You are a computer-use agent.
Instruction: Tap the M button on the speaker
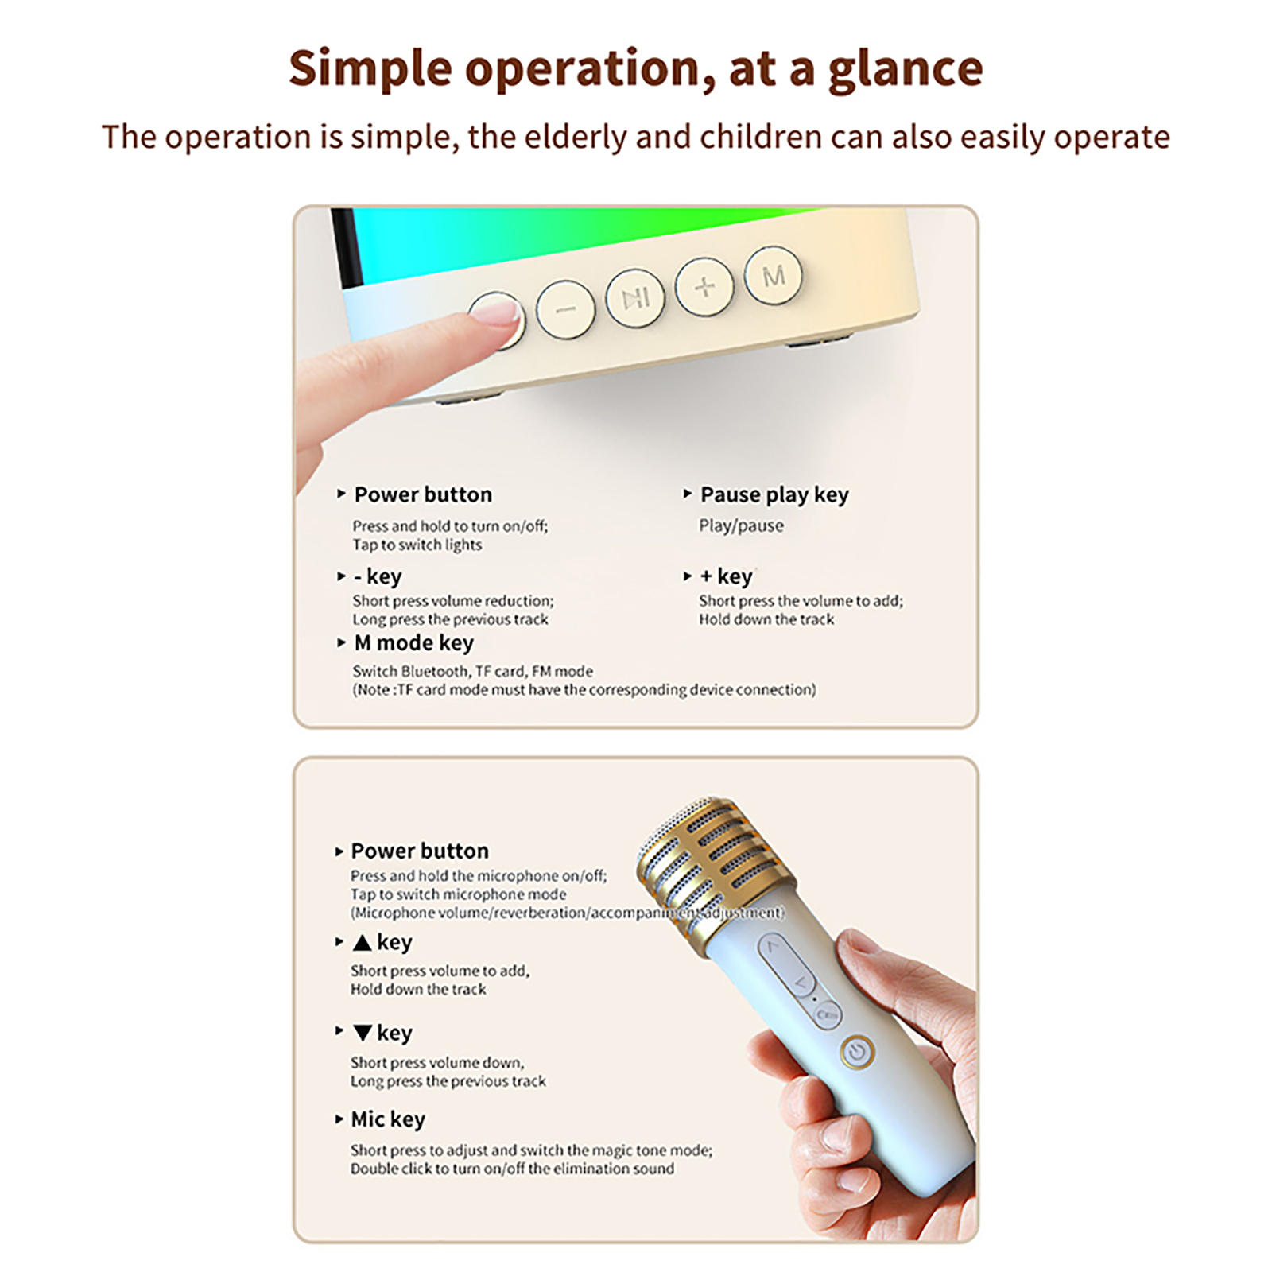(x=774, y=276)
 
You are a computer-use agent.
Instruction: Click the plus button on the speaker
(x=704, y=287)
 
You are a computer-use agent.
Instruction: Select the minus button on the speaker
(x=565, y=308)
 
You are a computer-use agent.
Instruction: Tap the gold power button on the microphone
(x=857, y=1053)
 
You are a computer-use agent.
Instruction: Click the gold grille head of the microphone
(x=715, y=859)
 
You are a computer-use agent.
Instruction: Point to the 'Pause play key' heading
(x=774, y=495)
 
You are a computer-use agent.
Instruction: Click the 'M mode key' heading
(x=413, y=642)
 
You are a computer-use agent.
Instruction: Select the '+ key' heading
(x=725, y=576)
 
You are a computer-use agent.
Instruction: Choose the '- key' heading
(x=378, y=576)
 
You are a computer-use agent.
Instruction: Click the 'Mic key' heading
(x=388, y=1119)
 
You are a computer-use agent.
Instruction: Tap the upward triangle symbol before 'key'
(x=363, y=942)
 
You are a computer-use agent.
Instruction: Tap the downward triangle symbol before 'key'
(x=363, y=1033)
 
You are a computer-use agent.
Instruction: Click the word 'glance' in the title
(x=905, y=70)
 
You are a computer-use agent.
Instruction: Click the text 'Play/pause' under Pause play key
(x=741, y=525)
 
